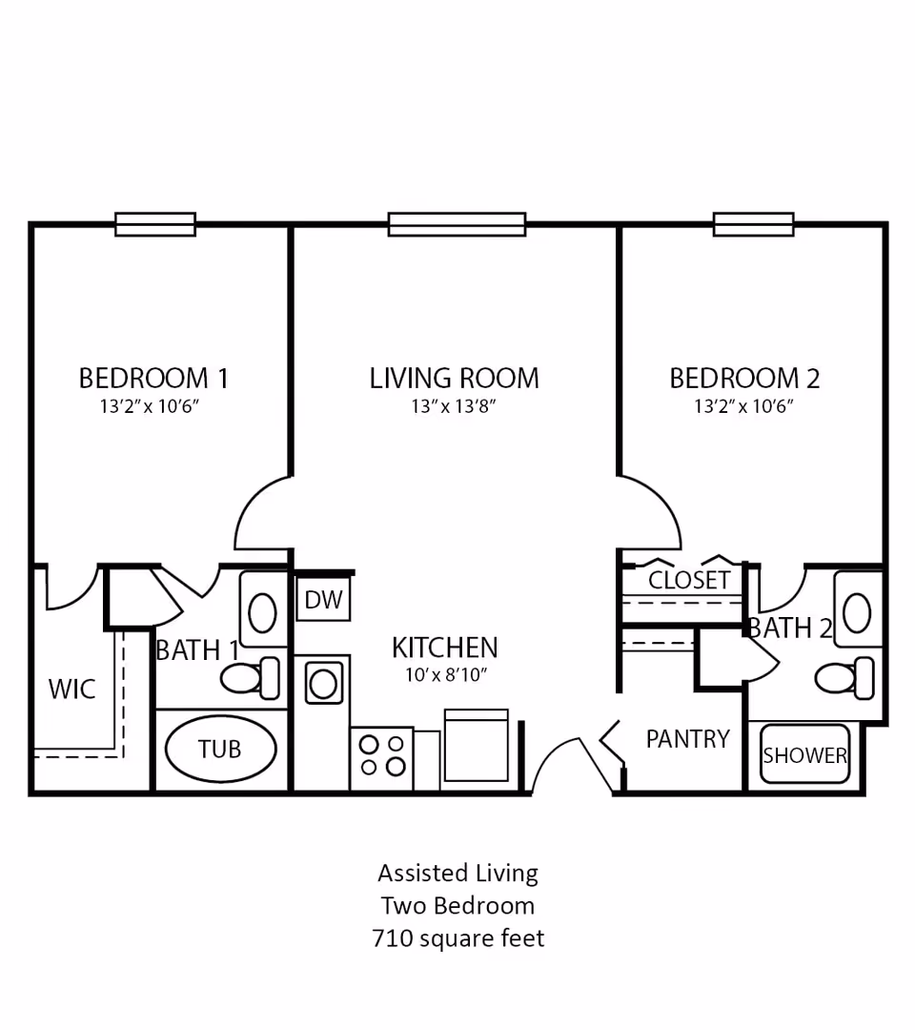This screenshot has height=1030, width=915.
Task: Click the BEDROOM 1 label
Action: pos(153,379)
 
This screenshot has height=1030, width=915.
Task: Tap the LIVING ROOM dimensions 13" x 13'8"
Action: pos(455,407)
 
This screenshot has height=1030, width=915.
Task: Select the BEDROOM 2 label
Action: pos(744,379)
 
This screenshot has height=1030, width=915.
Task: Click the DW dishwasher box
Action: pos(324,601)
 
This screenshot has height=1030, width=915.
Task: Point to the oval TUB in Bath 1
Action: pos(220,750)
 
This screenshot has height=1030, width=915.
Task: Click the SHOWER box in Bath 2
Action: pos(804,755)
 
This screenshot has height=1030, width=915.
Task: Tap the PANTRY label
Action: pos(687,739)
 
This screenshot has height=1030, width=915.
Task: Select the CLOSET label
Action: pos(689,580)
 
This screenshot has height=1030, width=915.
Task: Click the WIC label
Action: pos(72,689)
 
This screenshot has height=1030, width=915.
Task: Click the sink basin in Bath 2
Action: pos(857,613)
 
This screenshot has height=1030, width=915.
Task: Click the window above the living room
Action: pos(457,224)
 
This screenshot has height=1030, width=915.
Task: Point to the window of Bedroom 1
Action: pos(155,224)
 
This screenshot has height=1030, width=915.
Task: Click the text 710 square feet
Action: pos(457,938)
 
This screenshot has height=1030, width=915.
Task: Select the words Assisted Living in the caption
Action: pos(457,873)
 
